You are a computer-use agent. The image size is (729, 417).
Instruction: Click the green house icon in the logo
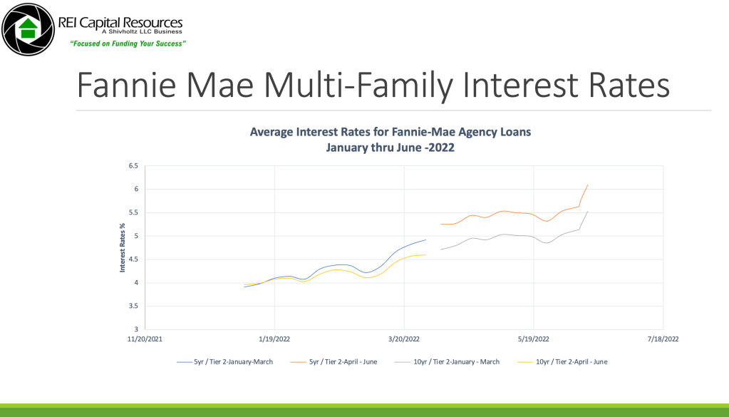(x=29, y=29)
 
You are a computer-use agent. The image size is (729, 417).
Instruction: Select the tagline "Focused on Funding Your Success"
(x=128, y=43)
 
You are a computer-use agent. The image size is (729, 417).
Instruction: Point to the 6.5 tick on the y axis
(x=133, y=166)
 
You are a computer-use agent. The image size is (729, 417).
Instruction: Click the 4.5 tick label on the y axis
(x=133, y=259)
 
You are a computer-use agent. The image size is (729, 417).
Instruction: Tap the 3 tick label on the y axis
(x=136, y=329)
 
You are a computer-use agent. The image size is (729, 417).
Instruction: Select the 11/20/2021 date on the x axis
(x=145, y=339)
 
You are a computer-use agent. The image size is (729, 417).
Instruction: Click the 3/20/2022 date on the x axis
(x=404, y=339)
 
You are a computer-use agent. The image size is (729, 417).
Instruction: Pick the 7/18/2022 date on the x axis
(x=663, y=339)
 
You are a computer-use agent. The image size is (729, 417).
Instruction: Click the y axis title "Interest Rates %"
(x=123, y=247)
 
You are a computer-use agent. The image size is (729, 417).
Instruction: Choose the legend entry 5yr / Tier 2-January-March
(x=225, y=361)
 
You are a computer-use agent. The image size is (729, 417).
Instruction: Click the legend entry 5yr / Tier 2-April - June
(x=334, y=361)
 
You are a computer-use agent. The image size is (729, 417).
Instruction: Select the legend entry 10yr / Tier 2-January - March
(x=448, y=361)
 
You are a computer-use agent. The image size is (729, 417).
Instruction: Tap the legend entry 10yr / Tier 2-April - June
(x=562, y=361)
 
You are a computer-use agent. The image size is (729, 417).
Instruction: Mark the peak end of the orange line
(x=588, y=185)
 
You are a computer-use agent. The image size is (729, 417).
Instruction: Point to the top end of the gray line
(x=588, y=211)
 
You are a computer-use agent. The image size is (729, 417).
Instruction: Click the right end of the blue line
(x=426, y=240)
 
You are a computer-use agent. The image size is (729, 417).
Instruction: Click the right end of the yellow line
(x=426, y=254)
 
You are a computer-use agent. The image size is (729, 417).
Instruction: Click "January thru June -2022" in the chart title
(x=390, y=148)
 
